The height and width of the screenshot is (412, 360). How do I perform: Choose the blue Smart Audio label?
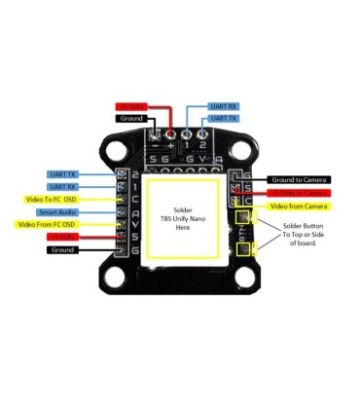point(57,211)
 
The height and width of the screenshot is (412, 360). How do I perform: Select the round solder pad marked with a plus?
point(171,132)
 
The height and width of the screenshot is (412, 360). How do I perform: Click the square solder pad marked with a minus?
point(155,132)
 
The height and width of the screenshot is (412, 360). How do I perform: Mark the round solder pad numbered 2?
point(203,132)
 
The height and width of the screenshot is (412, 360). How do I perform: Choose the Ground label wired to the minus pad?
point(132,119)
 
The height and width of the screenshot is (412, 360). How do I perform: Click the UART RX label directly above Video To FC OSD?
point(63,186)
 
